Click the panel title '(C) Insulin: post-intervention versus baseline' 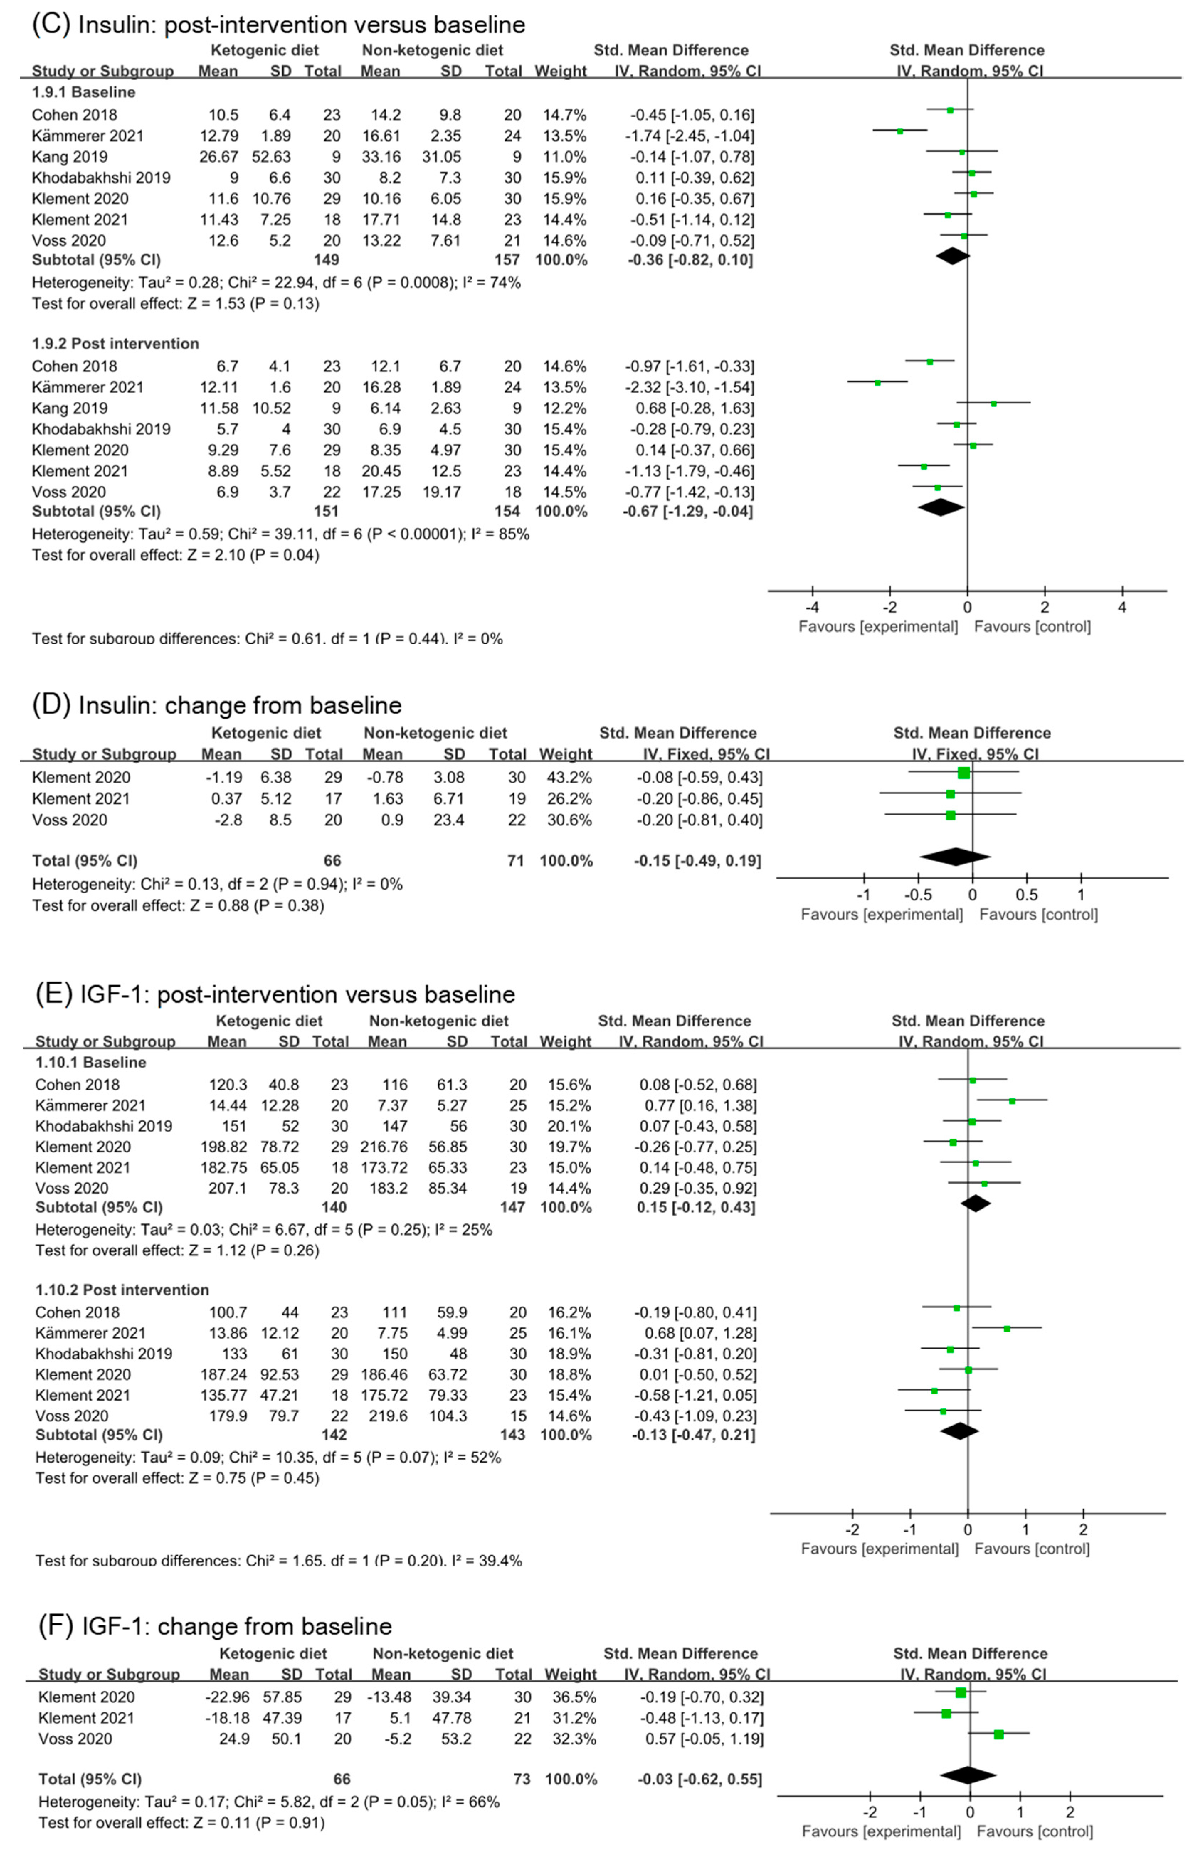(x=278, y=25)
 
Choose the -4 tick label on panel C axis (x=812, y=608)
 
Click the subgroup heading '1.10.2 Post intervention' (x=122, y=1290)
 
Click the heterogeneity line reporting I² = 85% (x=281, y=534)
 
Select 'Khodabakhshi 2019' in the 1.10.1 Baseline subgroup (x=104, y=1126)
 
